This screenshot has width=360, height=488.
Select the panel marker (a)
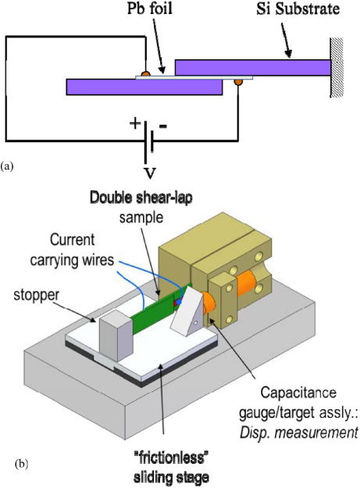[8, 166]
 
